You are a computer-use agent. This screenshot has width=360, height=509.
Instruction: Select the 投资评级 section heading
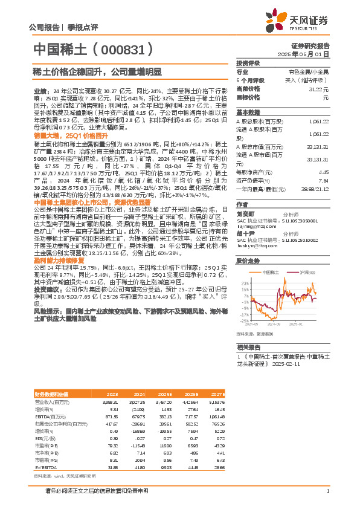pos(248,63)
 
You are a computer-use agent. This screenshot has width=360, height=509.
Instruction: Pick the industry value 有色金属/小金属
pos(310,71)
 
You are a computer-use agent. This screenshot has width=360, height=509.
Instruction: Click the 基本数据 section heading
pos(248,112)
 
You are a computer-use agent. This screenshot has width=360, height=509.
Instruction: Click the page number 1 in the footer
pos(327,491)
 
